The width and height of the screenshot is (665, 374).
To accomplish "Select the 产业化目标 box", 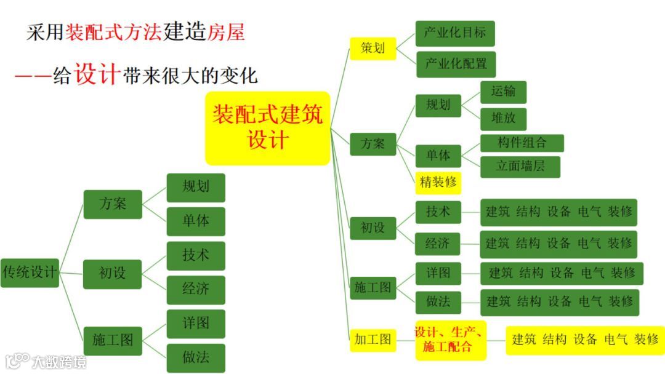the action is (x=455, y=33).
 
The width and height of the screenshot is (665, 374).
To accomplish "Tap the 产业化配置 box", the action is (x=456, y=64).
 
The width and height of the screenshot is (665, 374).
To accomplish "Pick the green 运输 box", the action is (x=503, y=92).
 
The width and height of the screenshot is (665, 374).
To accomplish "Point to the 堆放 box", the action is (x=503, y=117).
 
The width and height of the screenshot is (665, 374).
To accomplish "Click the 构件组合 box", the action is (x=522, y=143).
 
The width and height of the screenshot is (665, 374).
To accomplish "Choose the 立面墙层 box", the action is (x=520, y=167).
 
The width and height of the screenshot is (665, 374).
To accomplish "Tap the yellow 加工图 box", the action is (x=372, y=339).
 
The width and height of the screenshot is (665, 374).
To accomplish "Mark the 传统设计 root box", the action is (x=30, y=272).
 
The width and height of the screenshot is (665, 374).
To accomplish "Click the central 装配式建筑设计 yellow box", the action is (x=267, y=128).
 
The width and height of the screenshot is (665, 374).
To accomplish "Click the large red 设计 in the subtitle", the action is (x=95, y=76).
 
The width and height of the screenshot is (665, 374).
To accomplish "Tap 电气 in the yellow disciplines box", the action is (x=616, y=340).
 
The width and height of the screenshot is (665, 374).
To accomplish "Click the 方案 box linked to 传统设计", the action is (x=113, y=204).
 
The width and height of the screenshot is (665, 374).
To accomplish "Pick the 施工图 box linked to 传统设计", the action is (x=113, y=339).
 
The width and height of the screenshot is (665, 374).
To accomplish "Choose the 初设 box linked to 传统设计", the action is (x=113, y=273).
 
